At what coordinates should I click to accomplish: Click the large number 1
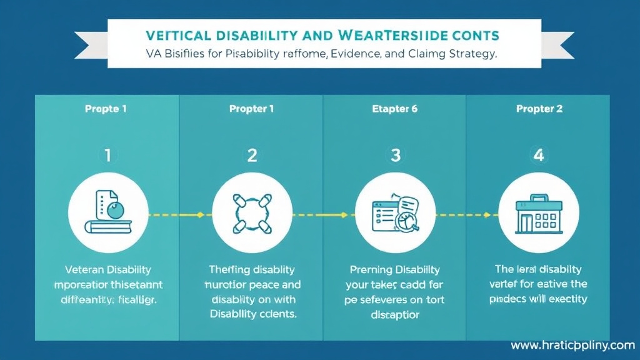click(107, 155)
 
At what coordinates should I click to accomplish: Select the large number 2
click(251, 155)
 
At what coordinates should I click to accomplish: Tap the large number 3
click(395, 155)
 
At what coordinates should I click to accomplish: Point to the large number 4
click(538, 155)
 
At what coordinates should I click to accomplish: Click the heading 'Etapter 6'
click(395, 109)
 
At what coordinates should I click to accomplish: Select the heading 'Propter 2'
click(539, 109)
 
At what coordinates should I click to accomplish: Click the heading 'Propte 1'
click(106, 109)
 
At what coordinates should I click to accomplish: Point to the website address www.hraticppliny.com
click(572, 345)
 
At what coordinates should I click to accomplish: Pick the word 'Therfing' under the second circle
click(229, 270)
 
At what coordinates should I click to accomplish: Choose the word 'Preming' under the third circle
click(370, 270)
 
